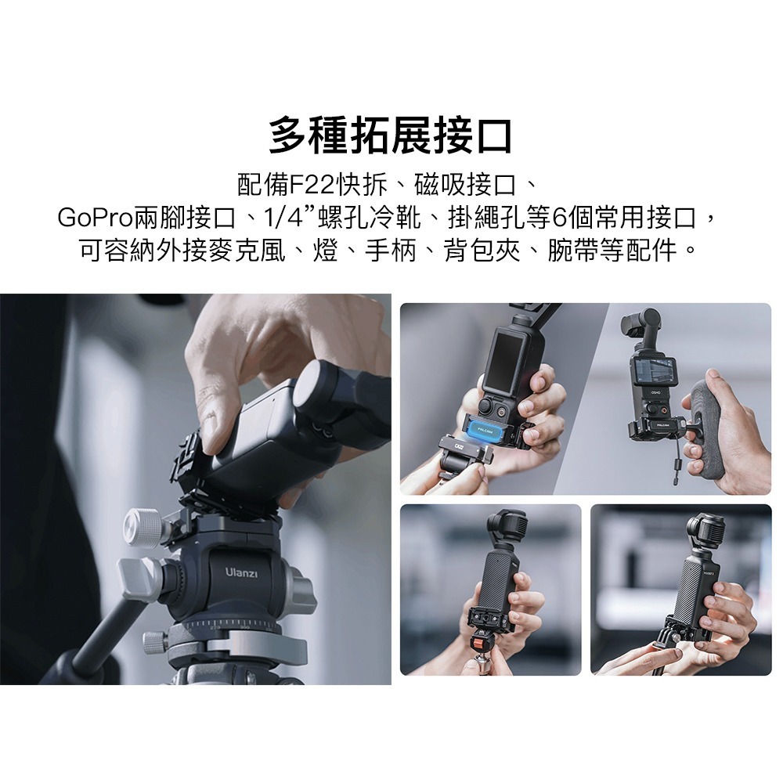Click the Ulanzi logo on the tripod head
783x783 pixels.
tap(241, 575)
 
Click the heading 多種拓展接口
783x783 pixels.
tap(391, 135)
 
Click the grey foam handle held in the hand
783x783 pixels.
tap(709, 423)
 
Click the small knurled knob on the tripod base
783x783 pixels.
tap(154, 641)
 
